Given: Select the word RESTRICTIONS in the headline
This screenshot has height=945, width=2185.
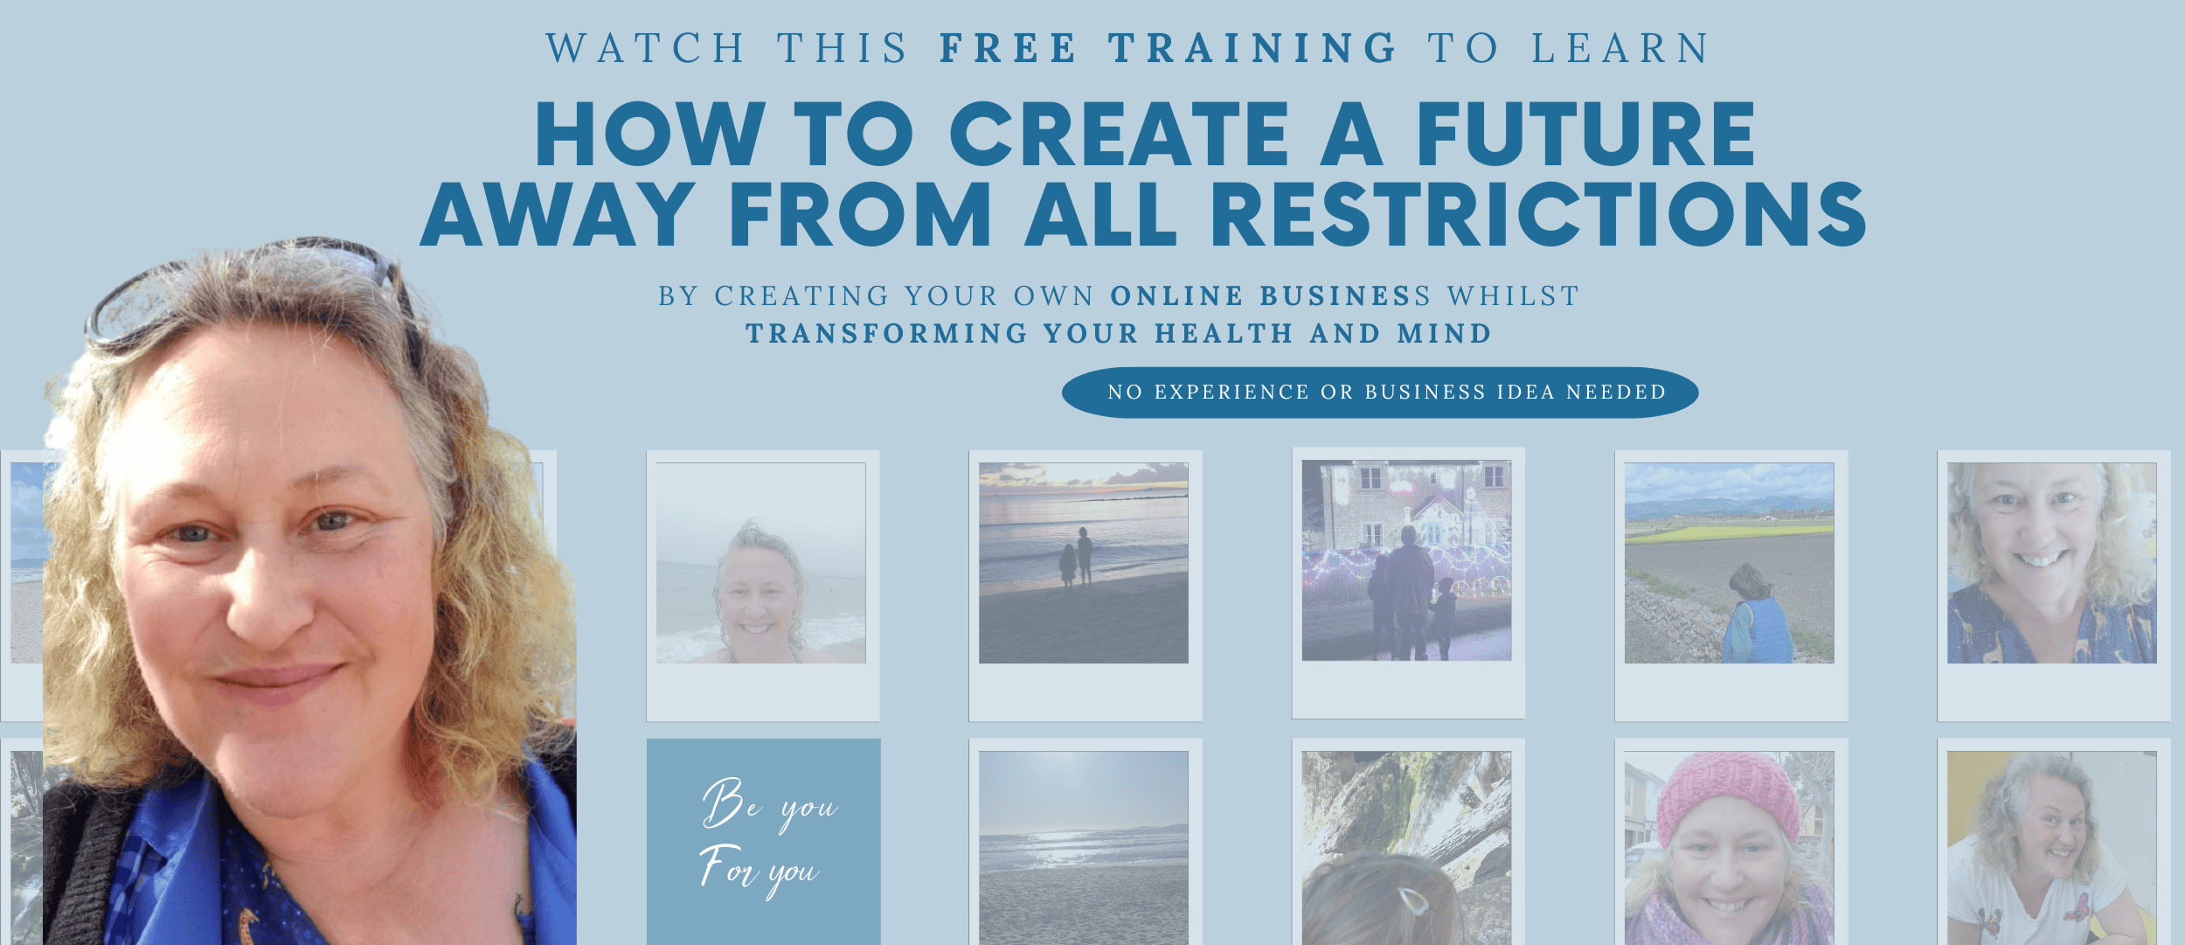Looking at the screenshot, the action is [1538, 214].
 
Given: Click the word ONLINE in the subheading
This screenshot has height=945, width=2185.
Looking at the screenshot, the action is [1176, 296].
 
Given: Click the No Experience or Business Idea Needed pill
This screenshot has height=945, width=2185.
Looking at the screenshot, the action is [1380, 393].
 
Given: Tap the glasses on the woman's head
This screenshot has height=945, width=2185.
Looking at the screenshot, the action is [253, 293].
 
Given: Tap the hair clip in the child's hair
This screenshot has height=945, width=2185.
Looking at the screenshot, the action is [1412, 900].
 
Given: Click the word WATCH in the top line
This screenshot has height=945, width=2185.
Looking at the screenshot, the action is [646, 48].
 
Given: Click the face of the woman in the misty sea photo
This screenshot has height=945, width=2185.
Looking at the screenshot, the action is [757, 594].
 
